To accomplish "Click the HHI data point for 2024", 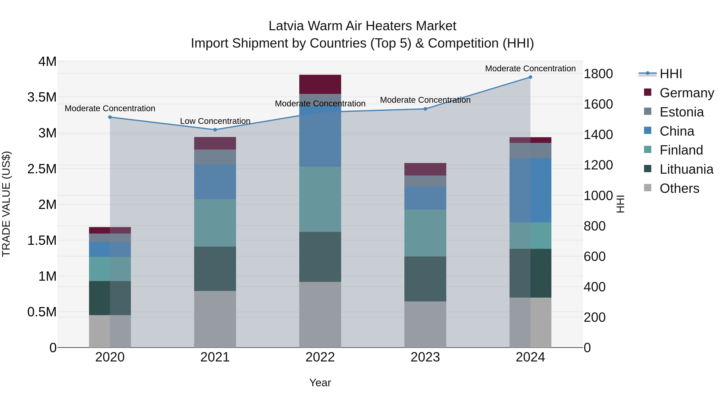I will tap(530, 77).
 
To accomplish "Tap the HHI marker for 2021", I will tap(215, 130).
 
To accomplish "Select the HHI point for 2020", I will tap(110, 117).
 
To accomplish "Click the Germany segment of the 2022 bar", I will tap(320, 84).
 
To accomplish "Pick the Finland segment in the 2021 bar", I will tap(215, 223).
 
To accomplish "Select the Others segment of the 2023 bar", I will tap(425, 324).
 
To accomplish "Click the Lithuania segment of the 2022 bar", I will tap(320, 257).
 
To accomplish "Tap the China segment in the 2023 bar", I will tap(425, 198).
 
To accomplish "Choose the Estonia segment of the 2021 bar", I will tap(215, 157).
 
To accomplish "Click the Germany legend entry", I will tap(687, 93).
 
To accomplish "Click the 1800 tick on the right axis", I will tap(598, 74).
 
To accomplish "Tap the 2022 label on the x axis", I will tap(320, 357).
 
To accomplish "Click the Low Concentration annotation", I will tap(215, 121).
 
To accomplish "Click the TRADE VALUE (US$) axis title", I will tap(6, 204).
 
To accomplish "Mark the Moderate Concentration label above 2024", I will tap(530, 69).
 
